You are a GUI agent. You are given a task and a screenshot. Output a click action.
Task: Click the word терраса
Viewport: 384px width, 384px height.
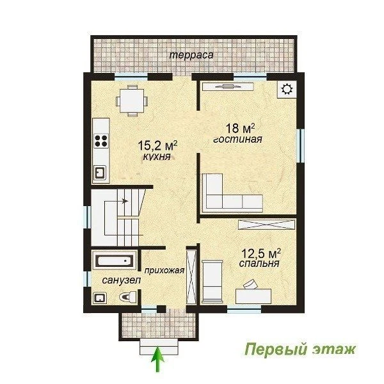coord(191,55)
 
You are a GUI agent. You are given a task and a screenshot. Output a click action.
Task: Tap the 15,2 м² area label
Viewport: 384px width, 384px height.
coord(157,145)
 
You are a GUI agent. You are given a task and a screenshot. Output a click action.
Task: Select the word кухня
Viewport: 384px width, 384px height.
coord(157,157)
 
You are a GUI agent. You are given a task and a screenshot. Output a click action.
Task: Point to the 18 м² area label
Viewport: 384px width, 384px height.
coord(240,128)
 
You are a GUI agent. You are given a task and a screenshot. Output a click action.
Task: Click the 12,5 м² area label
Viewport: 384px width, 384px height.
coord(261,253)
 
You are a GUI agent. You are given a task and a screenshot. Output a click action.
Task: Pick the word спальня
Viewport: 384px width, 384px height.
coord(259,264)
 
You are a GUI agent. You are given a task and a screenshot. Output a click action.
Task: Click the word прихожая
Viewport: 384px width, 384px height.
coord(164,270)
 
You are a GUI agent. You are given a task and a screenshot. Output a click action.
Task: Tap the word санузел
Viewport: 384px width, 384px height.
coord(122,280)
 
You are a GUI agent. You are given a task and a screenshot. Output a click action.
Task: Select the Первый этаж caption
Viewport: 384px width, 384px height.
coord(300,349)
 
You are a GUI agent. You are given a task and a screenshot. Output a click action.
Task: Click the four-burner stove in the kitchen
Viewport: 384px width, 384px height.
coord(101,141)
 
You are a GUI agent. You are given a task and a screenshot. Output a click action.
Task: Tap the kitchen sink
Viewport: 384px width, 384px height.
coord(100,172)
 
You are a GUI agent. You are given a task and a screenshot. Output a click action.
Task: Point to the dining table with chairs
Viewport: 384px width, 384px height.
coord(132,100)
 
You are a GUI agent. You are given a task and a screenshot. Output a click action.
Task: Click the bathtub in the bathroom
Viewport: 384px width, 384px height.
coord(114,260)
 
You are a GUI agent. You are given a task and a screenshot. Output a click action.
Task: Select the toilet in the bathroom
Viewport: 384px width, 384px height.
coord(128,297)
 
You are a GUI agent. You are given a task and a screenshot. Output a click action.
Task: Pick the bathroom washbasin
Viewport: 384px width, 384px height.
coord(100,298)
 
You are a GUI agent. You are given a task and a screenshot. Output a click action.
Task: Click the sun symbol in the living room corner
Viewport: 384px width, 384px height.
coord(287,89)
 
